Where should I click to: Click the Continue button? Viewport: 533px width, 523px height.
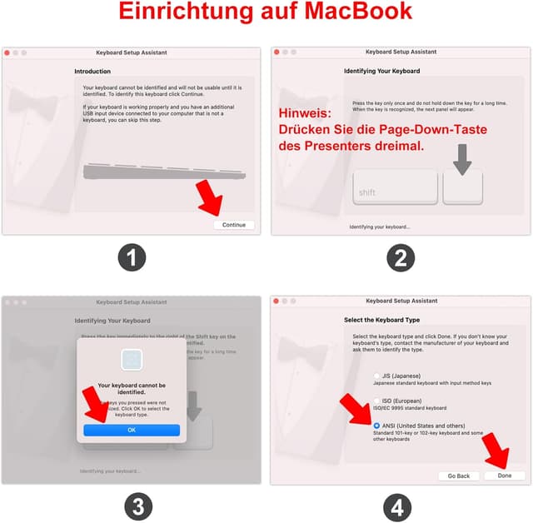point(233,225)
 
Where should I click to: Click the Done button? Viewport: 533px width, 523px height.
point(505,476)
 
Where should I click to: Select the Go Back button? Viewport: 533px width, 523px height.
point(459,476)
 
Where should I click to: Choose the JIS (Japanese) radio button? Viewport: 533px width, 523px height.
point(377,376)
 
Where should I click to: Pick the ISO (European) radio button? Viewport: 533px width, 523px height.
point(377,401)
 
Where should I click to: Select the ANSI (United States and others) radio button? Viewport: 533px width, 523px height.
point(377,426)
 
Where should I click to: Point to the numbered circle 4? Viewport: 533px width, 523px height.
point(401,506)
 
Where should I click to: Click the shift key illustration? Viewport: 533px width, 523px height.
point(395,187)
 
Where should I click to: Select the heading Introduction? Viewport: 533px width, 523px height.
point(92,72)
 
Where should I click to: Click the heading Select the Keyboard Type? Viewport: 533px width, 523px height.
point(381,320)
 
